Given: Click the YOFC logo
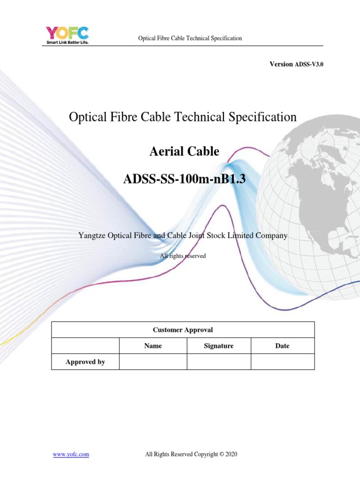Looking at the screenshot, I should tap(67, 33).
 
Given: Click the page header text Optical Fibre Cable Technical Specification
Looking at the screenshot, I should tap(190, 38).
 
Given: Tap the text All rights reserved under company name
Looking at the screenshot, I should tap(183, 256).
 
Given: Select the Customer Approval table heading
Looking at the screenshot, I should tap(183, 330).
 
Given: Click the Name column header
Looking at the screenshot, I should tap(153, 346).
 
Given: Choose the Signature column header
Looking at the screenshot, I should tap(218, 346).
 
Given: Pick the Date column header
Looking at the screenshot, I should tap(282, 346).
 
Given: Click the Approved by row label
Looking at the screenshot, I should tap(85, 362).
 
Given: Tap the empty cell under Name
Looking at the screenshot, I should tap(153, 362).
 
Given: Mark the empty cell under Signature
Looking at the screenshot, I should tap(218, 362).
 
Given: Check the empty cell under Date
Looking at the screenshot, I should tap(282, 362).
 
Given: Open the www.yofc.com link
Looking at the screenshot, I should tap(70, 454).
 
